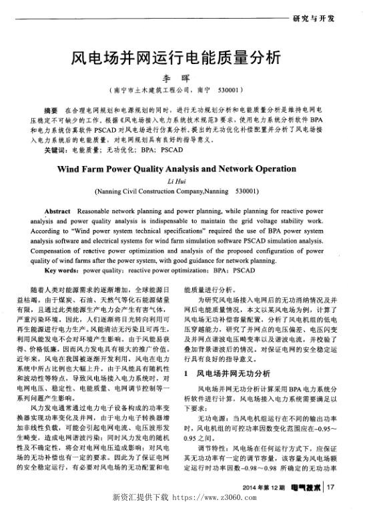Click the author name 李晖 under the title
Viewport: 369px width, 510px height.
tap(185, 78)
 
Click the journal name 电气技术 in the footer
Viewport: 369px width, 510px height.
tap(304, 490)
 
